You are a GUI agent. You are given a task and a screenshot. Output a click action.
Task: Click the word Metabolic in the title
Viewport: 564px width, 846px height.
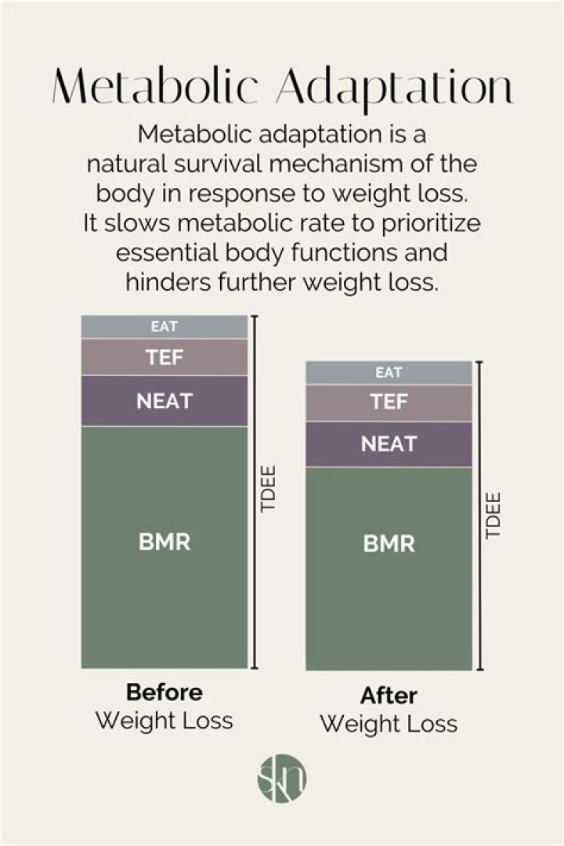(x=155, y=86)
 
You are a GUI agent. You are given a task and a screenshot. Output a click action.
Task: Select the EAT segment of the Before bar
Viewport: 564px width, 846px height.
(x=164, y=327)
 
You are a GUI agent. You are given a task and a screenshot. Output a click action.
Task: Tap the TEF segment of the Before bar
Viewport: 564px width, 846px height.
(x=164, y=357)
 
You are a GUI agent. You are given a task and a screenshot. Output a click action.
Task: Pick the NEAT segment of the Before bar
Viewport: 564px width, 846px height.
(x=164, y=401)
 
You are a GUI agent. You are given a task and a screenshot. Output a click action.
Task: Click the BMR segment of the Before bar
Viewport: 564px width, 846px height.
(x=164, y=547)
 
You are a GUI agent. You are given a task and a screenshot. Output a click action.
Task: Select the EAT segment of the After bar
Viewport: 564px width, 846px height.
(x=389, y=373)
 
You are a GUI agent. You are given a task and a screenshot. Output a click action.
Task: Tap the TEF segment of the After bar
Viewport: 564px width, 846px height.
(x=389, y=403)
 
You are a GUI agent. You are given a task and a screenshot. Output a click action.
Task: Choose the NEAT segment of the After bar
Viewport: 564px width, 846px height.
(x=389, y=444)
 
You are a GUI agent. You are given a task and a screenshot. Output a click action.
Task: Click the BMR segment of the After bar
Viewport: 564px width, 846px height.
(x=389, y=569)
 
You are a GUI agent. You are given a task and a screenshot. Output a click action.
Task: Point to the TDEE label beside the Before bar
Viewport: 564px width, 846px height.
(x=268, y=489)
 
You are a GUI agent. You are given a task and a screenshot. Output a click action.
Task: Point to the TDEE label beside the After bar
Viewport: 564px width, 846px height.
(x=493, y=515)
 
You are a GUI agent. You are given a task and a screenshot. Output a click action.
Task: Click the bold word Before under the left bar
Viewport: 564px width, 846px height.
(x=164, y=692)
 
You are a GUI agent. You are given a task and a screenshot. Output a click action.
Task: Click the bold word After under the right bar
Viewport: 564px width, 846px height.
(x=389, y=696)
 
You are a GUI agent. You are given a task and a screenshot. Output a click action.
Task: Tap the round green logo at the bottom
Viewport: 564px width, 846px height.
(x=282, y=779)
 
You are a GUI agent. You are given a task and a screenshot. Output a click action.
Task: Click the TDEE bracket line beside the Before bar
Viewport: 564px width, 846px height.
(x=255, y=492)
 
